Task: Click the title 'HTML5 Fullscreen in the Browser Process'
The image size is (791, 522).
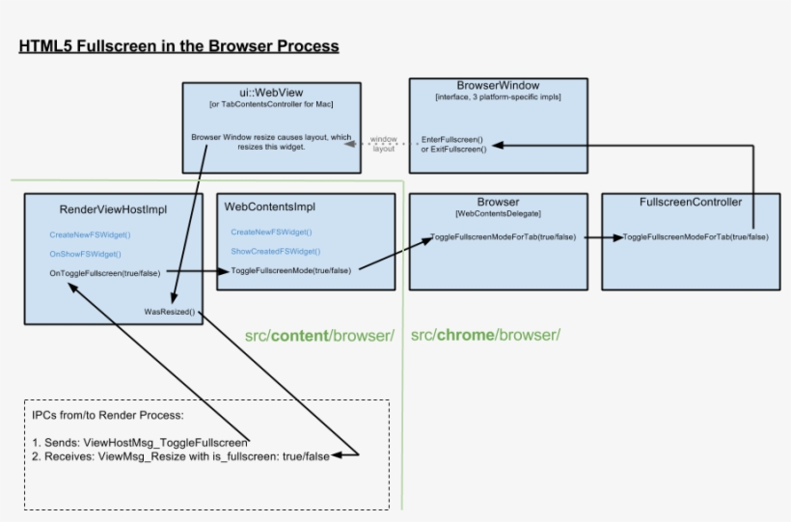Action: pos(178,46)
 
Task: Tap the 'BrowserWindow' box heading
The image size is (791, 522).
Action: pos(498,86)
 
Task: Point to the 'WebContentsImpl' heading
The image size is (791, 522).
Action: pos(270,206)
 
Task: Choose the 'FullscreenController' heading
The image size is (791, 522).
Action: pos(691,203)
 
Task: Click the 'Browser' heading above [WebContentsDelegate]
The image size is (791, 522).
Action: pos(498,203)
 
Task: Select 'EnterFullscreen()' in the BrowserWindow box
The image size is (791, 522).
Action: pos(452,139)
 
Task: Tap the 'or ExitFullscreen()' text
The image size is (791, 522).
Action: pos(453,150)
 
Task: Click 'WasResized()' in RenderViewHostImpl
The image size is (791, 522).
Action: pos(169,312)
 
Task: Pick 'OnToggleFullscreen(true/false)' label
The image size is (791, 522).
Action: pos(105,273)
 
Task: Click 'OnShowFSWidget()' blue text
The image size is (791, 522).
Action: pos(85,254)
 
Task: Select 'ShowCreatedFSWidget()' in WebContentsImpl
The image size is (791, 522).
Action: pos(276,251)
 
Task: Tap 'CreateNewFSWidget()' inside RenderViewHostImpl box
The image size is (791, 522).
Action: pos(90,234)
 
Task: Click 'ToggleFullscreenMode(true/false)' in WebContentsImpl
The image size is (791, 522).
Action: pos(290,270)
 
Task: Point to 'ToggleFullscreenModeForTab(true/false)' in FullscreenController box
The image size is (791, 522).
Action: pos(696,236)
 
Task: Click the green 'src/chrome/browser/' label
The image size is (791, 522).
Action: pos(485,335)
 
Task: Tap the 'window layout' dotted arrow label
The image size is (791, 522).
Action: pos(383,144)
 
